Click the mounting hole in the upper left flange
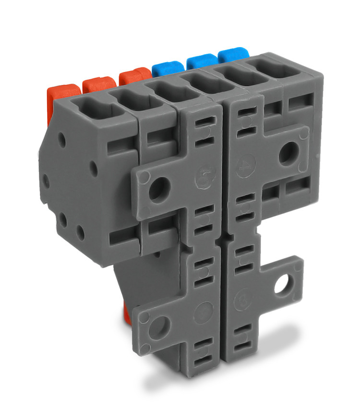(159, 188)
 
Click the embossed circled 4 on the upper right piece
(245, 165)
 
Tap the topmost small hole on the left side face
(61, 139)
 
